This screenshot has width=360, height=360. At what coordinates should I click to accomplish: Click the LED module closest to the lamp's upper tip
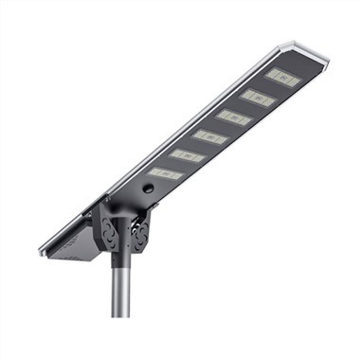point(283,78)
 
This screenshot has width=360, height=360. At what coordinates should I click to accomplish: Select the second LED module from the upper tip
point(258,98)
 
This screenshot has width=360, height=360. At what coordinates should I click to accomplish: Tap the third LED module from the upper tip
point(234,117)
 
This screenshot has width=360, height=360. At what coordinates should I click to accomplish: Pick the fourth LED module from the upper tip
point(210,136)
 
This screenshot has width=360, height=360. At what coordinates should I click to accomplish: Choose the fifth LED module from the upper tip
point(188,155)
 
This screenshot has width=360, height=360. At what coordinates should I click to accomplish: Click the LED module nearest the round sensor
point(165,174)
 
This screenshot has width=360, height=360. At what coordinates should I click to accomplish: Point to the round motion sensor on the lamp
point(148,189)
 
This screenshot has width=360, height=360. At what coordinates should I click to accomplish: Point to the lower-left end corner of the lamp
point(43,252)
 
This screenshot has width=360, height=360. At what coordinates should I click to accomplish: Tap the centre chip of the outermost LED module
point(283,78)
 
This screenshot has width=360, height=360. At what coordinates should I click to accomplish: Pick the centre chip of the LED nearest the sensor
point(165,174)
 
